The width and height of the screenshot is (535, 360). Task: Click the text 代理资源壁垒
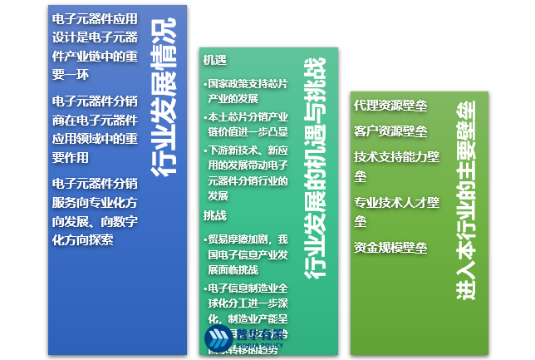(390, 106)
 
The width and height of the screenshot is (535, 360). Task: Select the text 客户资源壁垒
(390, 131)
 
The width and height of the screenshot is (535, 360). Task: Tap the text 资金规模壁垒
(390, 247)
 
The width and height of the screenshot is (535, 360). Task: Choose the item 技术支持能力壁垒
(396, 165)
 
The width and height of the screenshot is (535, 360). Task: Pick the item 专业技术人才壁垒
(396, 211)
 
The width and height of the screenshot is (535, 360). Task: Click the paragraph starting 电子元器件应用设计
(95, 47)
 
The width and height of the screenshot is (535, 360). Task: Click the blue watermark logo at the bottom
(217, 337)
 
